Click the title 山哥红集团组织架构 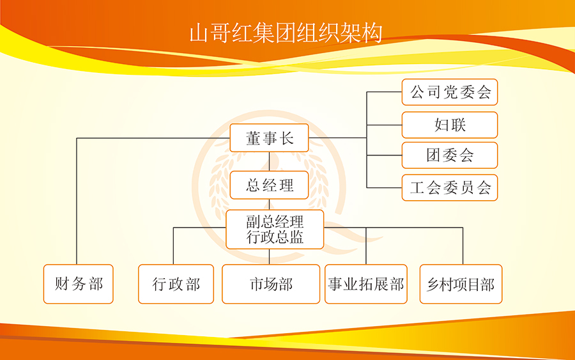pos(286,33)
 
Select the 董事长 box pos(269,138)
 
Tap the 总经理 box pos(269,185)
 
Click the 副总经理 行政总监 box pos(275,230)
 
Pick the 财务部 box pos(78,284)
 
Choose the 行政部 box pos(176,284)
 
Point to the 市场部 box pos(271,284)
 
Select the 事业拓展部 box pos(366,284)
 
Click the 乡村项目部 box pos(461,284)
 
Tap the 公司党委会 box pos(450,92)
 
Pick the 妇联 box pos(450,125)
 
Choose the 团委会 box pos(450,155)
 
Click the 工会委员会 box pos(450,187)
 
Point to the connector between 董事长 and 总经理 pos(269,162)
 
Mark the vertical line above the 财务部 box pos(77,201)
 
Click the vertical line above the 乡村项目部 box pos(463,246)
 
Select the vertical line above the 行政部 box pos(173,246)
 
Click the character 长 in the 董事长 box pos(287,138)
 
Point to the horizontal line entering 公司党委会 pos(385,91)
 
